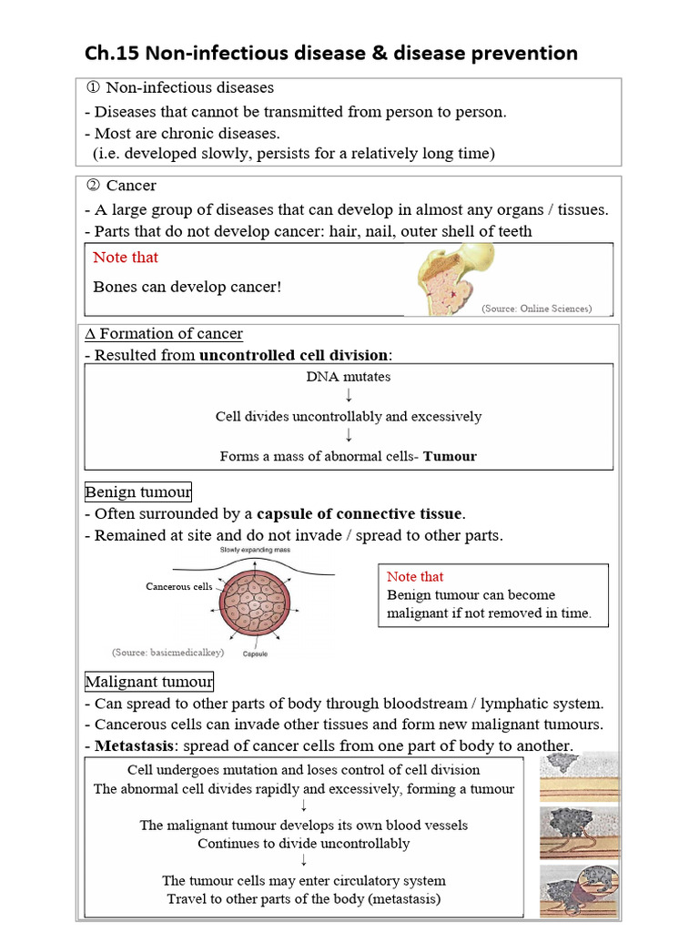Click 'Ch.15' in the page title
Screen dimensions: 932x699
coord(107,53)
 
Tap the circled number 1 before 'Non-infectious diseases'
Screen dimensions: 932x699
coord(91,88)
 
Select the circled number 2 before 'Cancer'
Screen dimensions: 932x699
coord(91,186)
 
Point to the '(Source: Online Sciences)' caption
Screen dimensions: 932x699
coord(536,309)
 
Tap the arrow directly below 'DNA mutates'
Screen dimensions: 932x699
coord(349,396)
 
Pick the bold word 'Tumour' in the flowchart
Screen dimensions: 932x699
coord(450,456)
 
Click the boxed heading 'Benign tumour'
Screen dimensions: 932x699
coord(138,492)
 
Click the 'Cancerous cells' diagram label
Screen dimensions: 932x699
coord(178,587)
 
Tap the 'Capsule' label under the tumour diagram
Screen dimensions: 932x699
coord(255,653)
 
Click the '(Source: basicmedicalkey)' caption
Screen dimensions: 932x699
coord(167,653)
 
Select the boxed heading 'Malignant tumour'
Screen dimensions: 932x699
coord(149,682)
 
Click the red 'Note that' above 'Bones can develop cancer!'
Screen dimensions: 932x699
coord(126,258)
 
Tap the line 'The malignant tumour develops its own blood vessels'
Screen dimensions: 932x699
coord(303,826)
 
